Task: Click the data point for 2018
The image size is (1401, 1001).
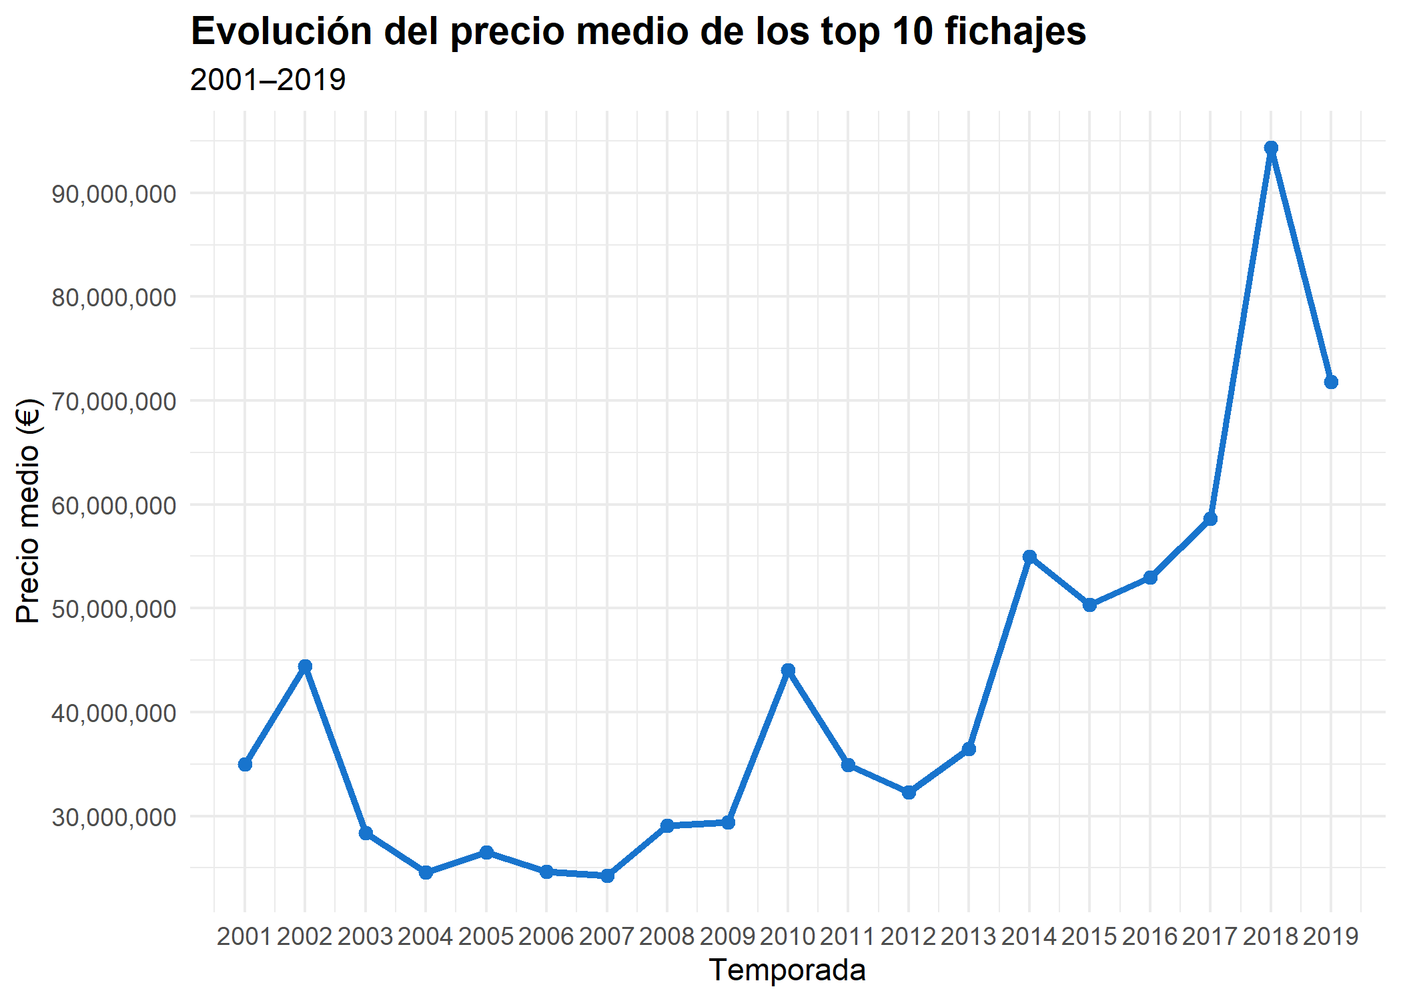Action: (1270, 148)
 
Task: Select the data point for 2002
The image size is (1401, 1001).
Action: (305, 666)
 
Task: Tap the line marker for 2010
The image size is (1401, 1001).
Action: (788, 670)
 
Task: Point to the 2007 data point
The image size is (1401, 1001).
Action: (607, 876)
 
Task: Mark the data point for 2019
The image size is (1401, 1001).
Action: (1331, 382)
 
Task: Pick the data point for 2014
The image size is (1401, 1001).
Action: (1029, 557)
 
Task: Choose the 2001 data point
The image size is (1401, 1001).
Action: (245, 764)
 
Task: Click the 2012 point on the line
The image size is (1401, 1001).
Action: (909, 793)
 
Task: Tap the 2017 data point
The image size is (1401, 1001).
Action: (1210, 519)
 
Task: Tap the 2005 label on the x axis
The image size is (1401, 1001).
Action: (486, 937)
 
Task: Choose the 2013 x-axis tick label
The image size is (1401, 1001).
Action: (969, 937)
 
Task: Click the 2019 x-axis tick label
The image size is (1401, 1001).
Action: (1331, 937)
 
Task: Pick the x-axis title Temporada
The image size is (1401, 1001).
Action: (787, 970)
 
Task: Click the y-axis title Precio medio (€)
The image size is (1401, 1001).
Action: (28, 511)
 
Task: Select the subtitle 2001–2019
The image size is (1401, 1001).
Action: (268, 80)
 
